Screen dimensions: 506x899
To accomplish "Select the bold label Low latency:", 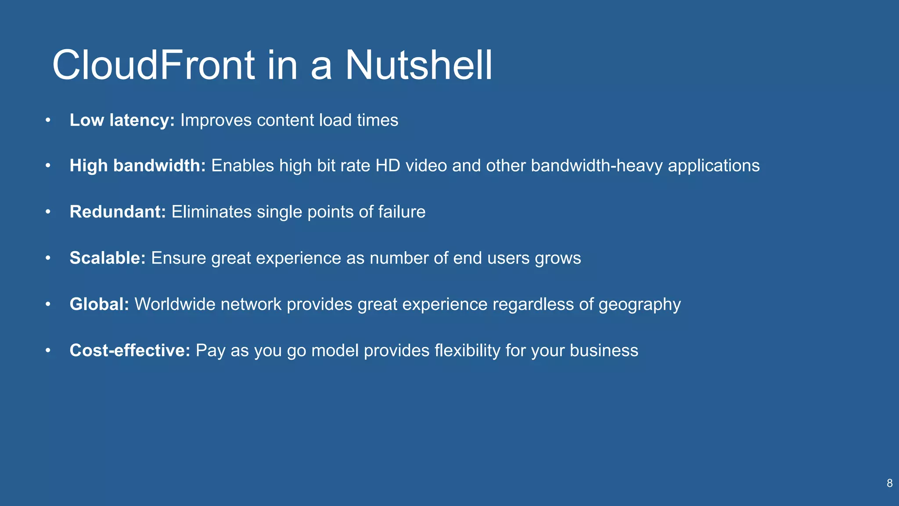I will coord(122,120).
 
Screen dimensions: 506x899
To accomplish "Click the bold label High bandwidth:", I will coord(137,166).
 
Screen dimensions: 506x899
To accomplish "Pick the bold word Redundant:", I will coord(118,212).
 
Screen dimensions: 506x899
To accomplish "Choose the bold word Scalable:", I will coord(108,258).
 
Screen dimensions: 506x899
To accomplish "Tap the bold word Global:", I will coord(99,304).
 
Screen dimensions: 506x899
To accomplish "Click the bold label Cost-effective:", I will coord(129,350).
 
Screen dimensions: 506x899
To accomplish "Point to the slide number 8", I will coord(889,483).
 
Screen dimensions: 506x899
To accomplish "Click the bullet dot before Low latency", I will coord(48,120).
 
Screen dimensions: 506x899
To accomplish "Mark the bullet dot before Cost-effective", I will coord(48,351).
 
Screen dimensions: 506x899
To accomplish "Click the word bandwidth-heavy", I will coord(597,166).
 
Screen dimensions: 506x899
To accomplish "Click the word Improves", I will coord(216,120).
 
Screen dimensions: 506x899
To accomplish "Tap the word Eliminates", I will coord(211,212).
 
